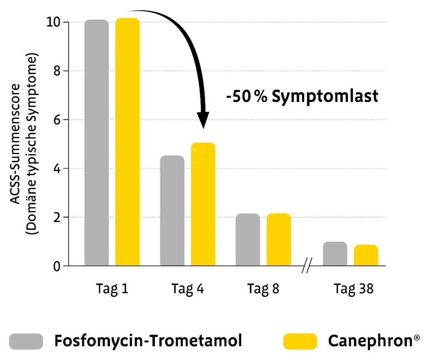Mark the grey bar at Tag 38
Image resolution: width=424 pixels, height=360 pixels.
335,254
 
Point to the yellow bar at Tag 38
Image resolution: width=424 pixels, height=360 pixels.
366,255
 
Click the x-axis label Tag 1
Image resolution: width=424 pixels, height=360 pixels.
112,289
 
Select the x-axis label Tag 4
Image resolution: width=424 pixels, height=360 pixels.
188,289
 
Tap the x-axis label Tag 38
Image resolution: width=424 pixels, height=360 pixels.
354,289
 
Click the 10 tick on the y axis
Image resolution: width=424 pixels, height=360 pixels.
54,22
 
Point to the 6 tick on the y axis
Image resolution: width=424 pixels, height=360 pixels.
56,120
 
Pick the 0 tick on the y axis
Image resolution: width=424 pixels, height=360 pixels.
56,266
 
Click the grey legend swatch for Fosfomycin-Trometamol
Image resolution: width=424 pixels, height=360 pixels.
26,341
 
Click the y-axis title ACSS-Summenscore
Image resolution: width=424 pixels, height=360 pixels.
15,144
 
